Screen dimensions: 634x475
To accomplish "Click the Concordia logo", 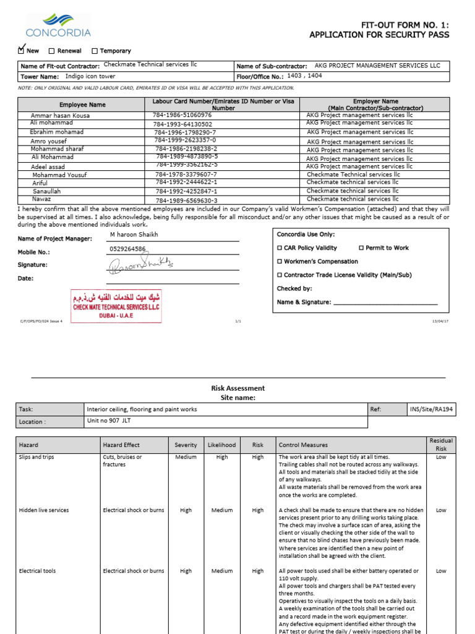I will click(x=58, y=25).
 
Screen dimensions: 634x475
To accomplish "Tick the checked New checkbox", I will click(x=22, y=50).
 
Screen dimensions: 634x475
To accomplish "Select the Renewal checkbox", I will click(x=51, y=51).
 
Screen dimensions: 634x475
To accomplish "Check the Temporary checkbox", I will click(x=95, y=51).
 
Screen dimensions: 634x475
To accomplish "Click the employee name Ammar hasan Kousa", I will click(x=60, y=115).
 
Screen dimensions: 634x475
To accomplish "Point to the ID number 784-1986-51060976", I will click(x=182, y=115).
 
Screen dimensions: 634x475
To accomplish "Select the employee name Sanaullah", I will click(x=47, y=192).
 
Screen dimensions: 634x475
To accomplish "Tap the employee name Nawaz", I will click(x=42, y=200).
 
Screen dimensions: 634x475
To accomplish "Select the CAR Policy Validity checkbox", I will click(x=279, y=248).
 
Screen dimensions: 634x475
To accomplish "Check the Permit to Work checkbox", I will click(x=361, y=248).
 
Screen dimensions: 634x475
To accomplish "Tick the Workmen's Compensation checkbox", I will click(x=279, y=262).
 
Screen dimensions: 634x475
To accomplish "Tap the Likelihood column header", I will click(x=222, y=445).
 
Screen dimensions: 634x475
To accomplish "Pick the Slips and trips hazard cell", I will click(x=35, y=458).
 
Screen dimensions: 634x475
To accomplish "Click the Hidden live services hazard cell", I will click(x=44, y=510).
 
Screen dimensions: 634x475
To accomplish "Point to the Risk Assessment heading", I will click(x=237, y=388).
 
